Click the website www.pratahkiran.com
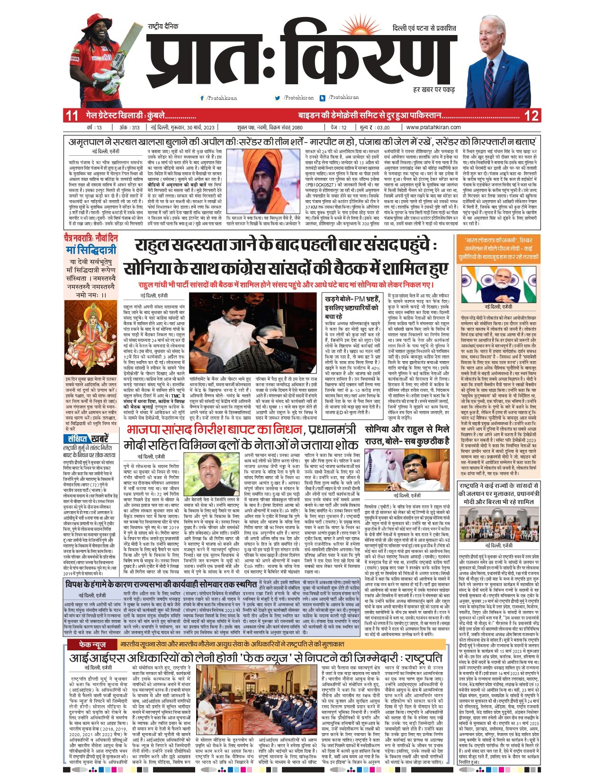(433, 127)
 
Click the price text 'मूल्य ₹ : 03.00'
(374, 127)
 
